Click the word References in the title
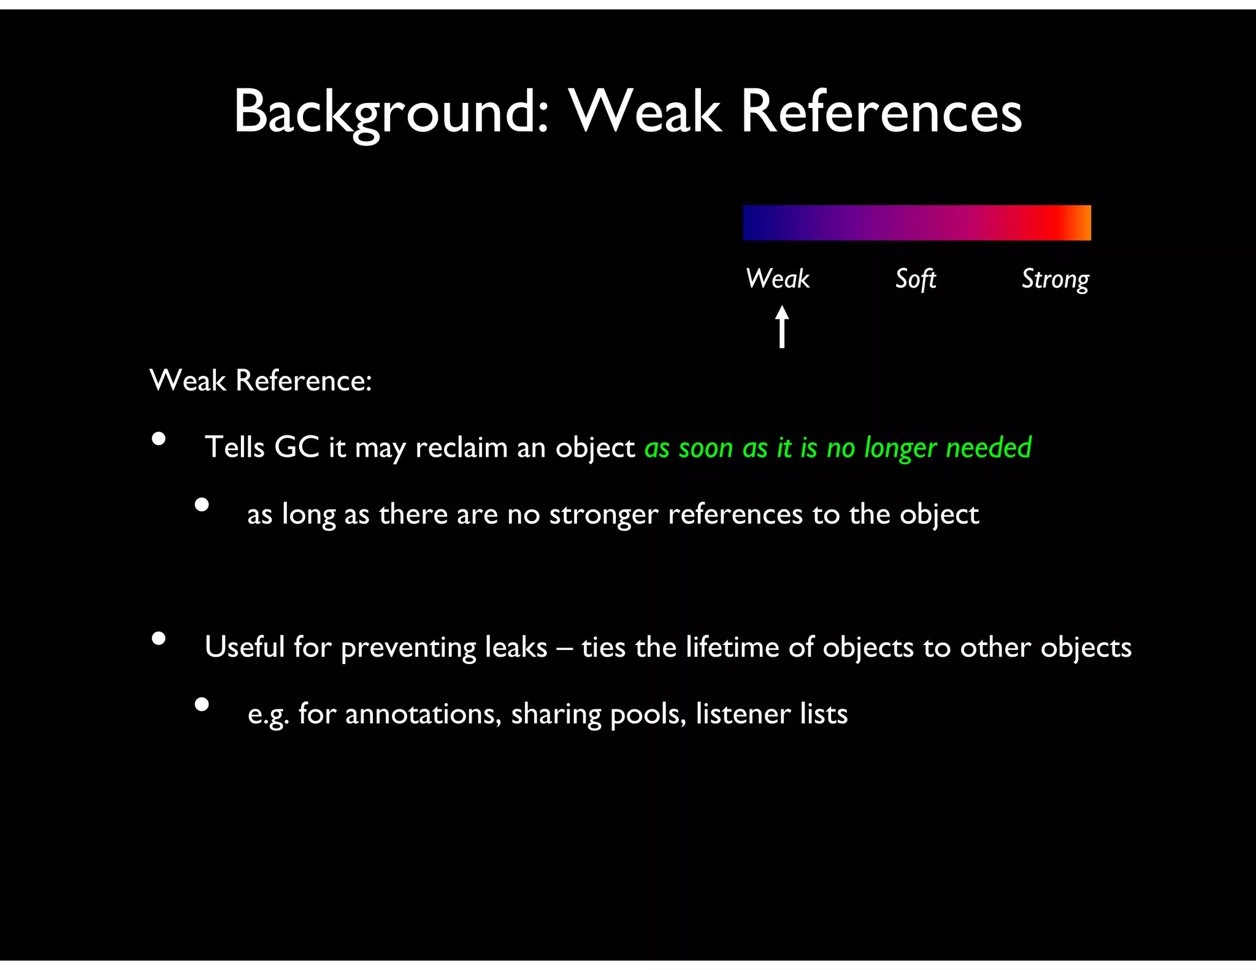click(881, 112)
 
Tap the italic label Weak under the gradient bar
click(778, 279)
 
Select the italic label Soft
click(916, 280)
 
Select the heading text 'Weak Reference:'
click(261, 381)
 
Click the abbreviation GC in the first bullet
click(297, 447)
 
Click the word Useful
click(244, 647)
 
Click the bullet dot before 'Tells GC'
click(159, 439)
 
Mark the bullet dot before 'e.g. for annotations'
click(202, 705)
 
